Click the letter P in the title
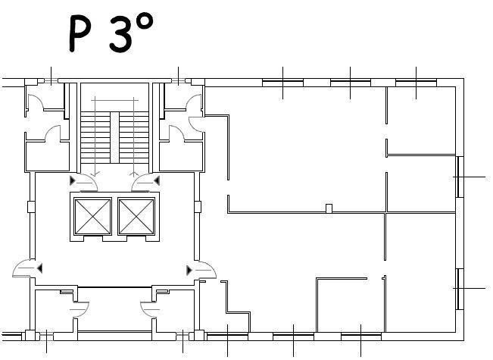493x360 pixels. tap(79, 33)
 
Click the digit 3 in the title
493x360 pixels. tap(121, 34)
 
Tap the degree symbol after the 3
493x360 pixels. tap(145, 22)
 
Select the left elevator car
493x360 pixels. tap(92, 217)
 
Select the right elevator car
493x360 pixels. tap(136, 217)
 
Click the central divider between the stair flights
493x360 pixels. tap(115, 137)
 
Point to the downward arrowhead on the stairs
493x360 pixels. tap(95, 174)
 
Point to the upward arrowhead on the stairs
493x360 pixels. tap(134, 174)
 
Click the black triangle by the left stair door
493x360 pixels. tap(73, 180)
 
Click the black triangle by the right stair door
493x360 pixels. tap(157, 180)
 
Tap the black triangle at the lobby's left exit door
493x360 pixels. tap(39, 268)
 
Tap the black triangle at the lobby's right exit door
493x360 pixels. tap(189, 271)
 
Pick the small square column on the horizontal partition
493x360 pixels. tap(329, 208)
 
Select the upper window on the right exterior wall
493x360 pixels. tap(460, 177)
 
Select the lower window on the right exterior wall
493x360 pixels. tap(460, 289)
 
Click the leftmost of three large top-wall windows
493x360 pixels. tap(282, 83)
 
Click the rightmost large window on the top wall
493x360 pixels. tap(416, 83)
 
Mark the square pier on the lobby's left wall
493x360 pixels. tap(31, 207)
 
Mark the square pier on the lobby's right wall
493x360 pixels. tap(198, 207)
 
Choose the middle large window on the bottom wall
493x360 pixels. tap(293, 337)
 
